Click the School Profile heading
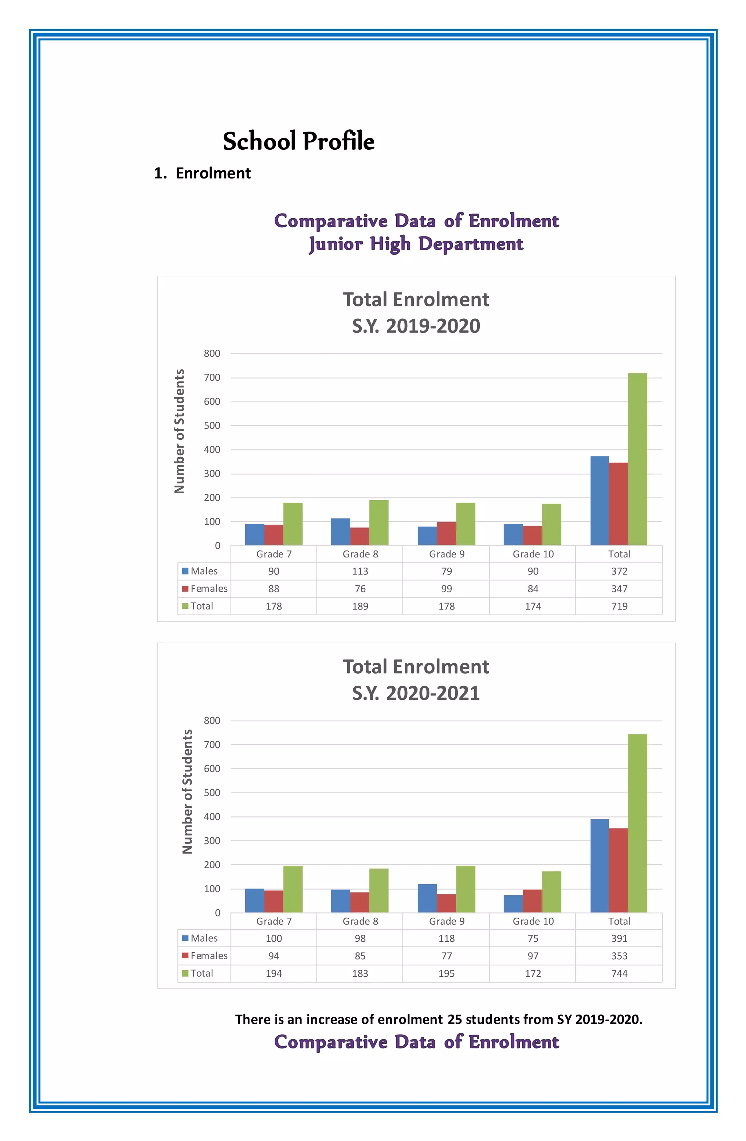(x=298, y=141)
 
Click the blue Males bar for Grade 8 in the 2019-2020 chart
(x=340, y=531)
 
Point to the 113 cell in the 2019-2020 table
(x=360, y=571)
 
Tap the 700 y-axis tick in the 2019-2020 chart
(x=212, y=378)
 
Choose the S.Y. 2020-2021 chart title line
(x=416, y=693)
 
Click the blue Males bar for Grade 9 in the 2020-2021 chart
(x=427, y=898)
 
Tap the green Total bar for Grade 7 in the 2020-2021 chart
(x=292, y=889)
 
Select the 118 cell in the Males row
(x=446, y=938)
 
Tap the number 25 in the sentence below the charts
(x=455, y=1019)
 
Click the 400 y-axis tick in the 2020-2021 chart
(x=212, y=816)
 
